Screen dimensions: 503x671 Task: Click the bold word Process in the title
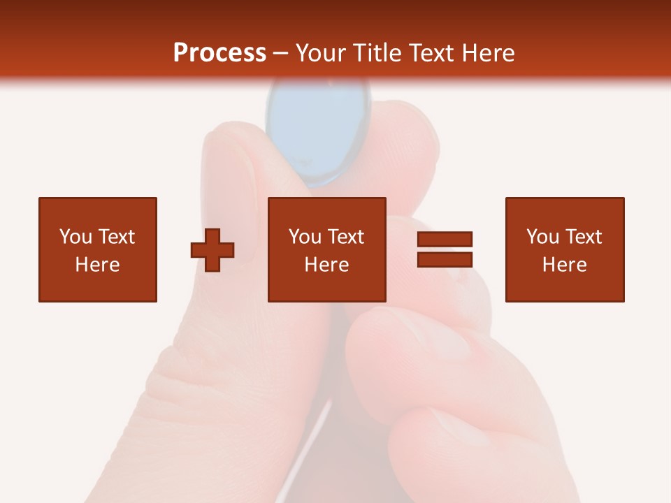[x=219, y=53]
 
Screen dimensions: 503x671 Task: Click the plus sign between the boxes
[x=212, y=250]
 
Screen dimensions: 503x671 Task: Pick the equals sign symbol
[x=445, y=249]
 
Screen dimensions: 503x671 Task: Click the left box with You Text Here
[x=97, y=249]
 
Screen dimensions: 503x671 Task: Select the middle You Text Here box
[x=326, y=249]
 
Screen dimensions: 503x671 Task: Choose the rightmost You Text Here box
[x=564, y=249]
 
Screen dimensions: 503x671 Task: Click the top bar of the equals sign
[x=445, y=240]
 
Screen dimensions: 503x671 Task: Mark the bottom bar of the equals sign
[x=445, y=259]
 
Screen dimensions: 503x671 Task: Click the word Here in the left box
[x=97, y=265]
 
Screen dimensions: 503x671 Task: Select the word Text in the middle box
[x=346, y=237]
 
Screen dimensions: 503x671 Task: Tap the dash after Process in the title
[x=281, y=53]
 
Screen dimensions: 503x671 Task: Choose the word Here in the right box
[x=564, y=265]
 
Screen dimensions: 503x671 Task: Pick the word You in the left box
[x=75, y=237]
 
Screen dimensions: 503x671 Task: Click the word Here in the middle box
[x=326, y=265]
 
